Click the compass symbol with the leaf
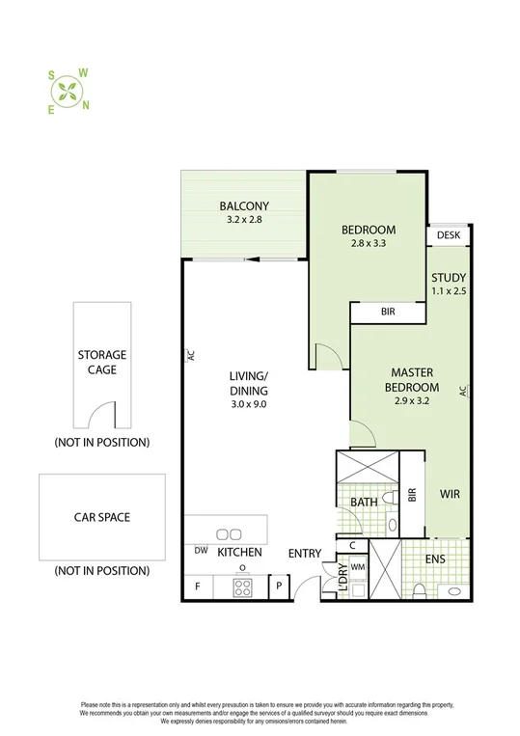pyautogui.click(x=68, y=91)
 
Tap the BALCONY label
pyautogui.click(x=243, y=205)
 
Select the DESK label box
pyautogui.click(x=449, y=235)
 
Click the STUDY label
pyautogui.click(x=448, y=278)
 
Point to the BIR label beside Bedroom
pyautogui.click(x=386, y=313)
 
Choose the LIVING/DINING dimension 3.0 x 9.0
pyautogui.click(x=248, y=404)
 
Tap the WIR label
pyautogui.click(x=450, y=494)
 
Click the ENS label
pyautogui.click(x=437, y=558)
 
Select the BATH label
pyautogui.click(x=363, y=502)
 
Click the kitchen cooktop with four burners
pyautogui.click(x=243, y=586)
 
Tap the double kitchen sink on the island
pyautogui.click(x=230, y=533)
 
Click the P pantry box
pyautogui.click(x=279, y=586)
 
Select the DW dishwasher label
pyautogui.click(x=201, y=552)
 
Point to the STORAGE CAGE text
pyautogui.click(x=102, y=362)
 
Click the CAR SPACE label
pyautogui.click(x=102, y=517)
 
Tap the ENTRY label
pyautogui.click(x=304, y=553)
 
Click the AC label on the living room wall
pyautogui.click(x=190, y=355)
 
